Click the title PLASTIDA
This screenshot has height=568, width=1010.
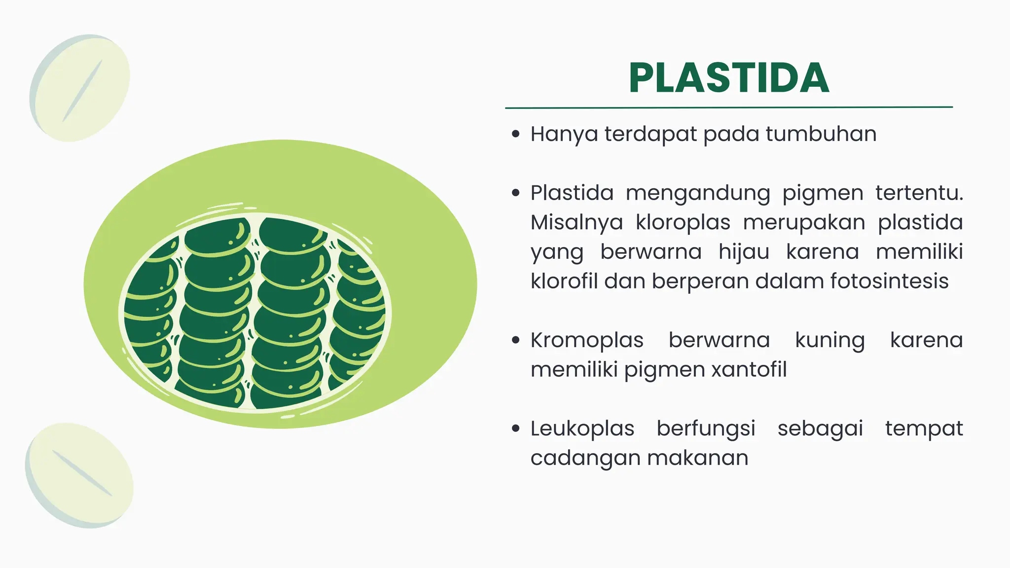click(x=728, y=78)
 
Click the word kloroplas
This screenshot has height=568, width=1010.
click(x=683, y=222)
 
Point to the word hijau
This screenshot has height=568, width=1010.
click(x=744, y=252)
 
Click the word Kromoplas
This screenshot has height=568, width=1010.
click(x=587, y=340)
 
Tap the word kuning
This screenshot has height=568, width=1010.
click(x=830, y=340)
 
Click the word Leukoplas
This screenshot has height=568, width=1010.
click(x=582, y=428)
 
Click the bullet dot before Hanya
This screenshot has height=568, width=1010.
click(x=516, y=134)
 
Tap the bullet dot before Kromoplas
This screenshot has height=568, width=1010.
click(x=516, y=340)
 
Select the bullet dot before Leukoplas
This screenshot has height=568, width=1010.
click(x=516, y=428)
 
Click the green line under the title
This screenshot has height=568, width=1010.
click(x=728, y=107)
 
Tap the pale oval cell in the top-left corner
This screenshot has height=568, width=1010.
click(x=80, y=88)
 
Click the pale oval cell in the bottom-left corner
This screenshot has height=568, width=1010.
click(x=79, y=475)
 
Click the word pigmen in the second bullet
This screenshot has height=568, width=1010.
click(x=823, y=193)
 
